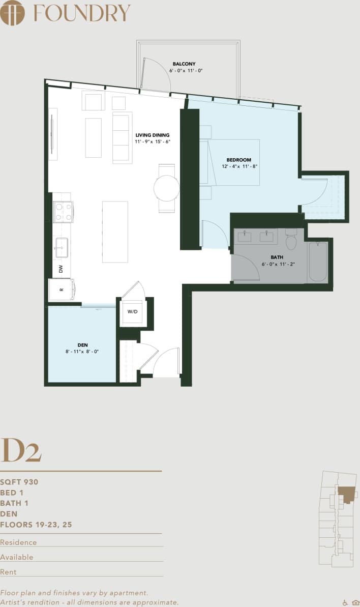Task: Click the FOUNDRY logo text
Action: click(81, 13)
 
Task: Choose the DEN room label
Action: click(82, 344)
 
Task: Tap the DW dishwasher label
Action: click(61, 268)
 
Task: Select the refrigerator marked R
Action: click(62, 290)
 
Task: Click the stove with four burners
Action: click(64, 212)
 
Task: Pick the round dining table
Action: click(167, 188)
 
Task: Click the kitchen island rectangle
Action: click(115, 232)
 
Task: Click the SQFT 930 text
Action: click(19, 481)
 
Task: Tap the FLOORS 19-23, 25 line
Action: click(36, 525)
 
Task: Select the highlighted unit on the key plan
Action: click(345, 494)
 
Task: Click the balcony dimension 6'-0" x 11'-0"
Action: click(186, 71)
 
